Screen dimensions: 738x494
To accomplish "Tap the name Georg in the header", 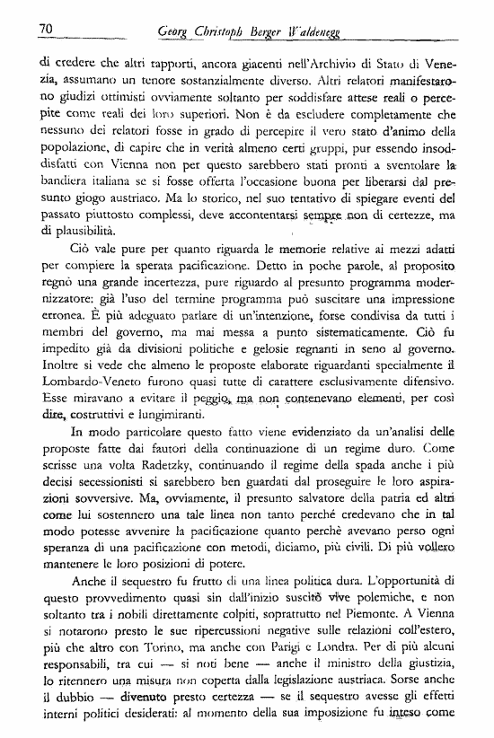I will tap(173, 32).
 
